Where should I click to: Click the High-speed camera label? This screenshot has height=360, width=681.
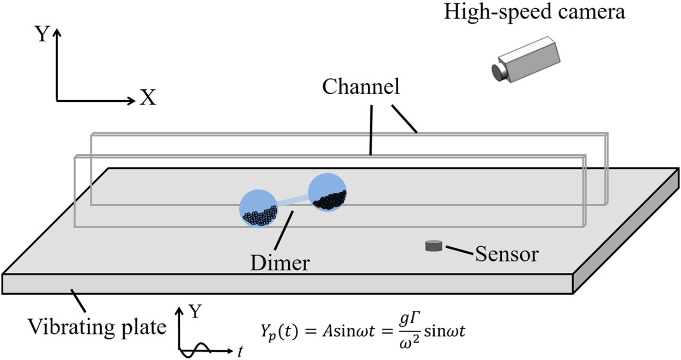click(x=534, y=12)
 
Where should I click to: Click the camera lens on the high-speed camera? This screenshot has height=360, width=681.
click(x=497, y=72)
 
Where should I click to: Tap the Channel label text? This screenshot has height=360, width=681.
click(x=361, y=87)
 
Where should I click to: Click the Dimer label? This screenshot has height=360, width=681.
click(x=280, y=263)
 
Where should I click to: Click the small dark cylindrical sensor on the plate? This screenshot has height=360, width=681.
click(x=434, y=246)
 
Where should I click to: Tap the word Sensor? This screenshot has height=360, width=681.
click(x=507, y=254)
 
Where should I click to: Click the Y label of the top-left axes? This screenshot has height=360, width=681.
click(x=41, y=35)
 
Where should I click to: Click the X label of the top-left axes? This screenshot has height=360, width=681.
click(x=147, y=98)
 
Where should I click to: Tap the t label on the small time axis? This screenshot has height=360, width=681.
click(x=240, y=351)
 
